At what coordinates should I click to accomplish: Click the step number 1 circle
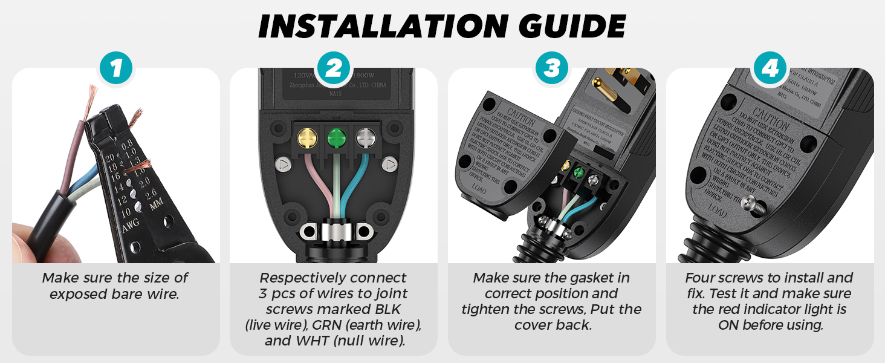pos(116,68)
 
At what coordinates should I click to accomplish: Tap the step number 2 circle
pos(334,68)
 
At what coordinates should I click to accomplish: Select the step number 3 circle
pos(551,68)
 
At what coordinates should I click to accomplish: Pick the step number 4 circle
pos(770,68)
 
